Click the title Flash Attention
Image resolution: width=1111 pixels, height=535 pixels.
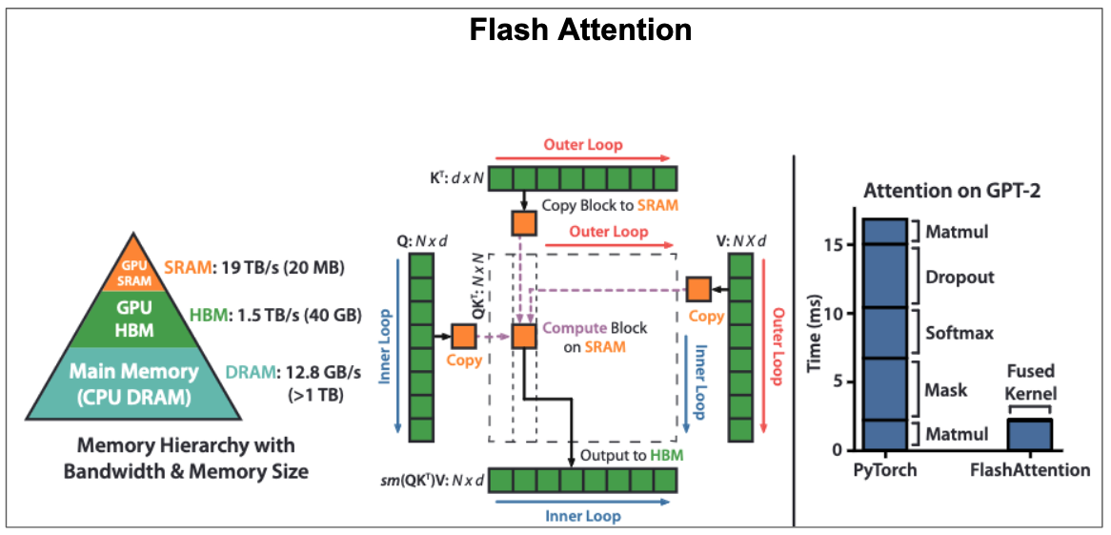tap(580, 30)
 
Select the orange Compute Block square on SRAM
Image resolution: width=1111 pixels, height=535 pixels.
tap(523, 336)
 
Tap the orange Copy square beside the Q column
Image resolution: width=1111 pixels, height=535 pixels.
tap(463, 336)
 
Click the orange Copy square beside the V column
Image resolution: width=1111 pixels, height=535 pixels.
tap(698, 287)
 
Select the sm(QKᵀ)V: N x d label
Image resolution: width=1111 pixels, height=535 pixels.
tap(434, 478)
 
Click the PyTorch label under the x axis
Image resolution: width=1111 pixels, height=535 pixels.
tap(886, 470)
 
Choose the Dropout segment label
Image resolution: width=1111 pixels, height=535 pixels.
tap(959, 278)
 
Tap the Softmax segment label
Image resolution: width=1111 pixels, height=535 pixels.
tap(959, 333)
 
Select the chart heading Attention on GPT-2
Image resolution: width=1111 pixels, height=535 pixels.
tap(951, 190)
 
